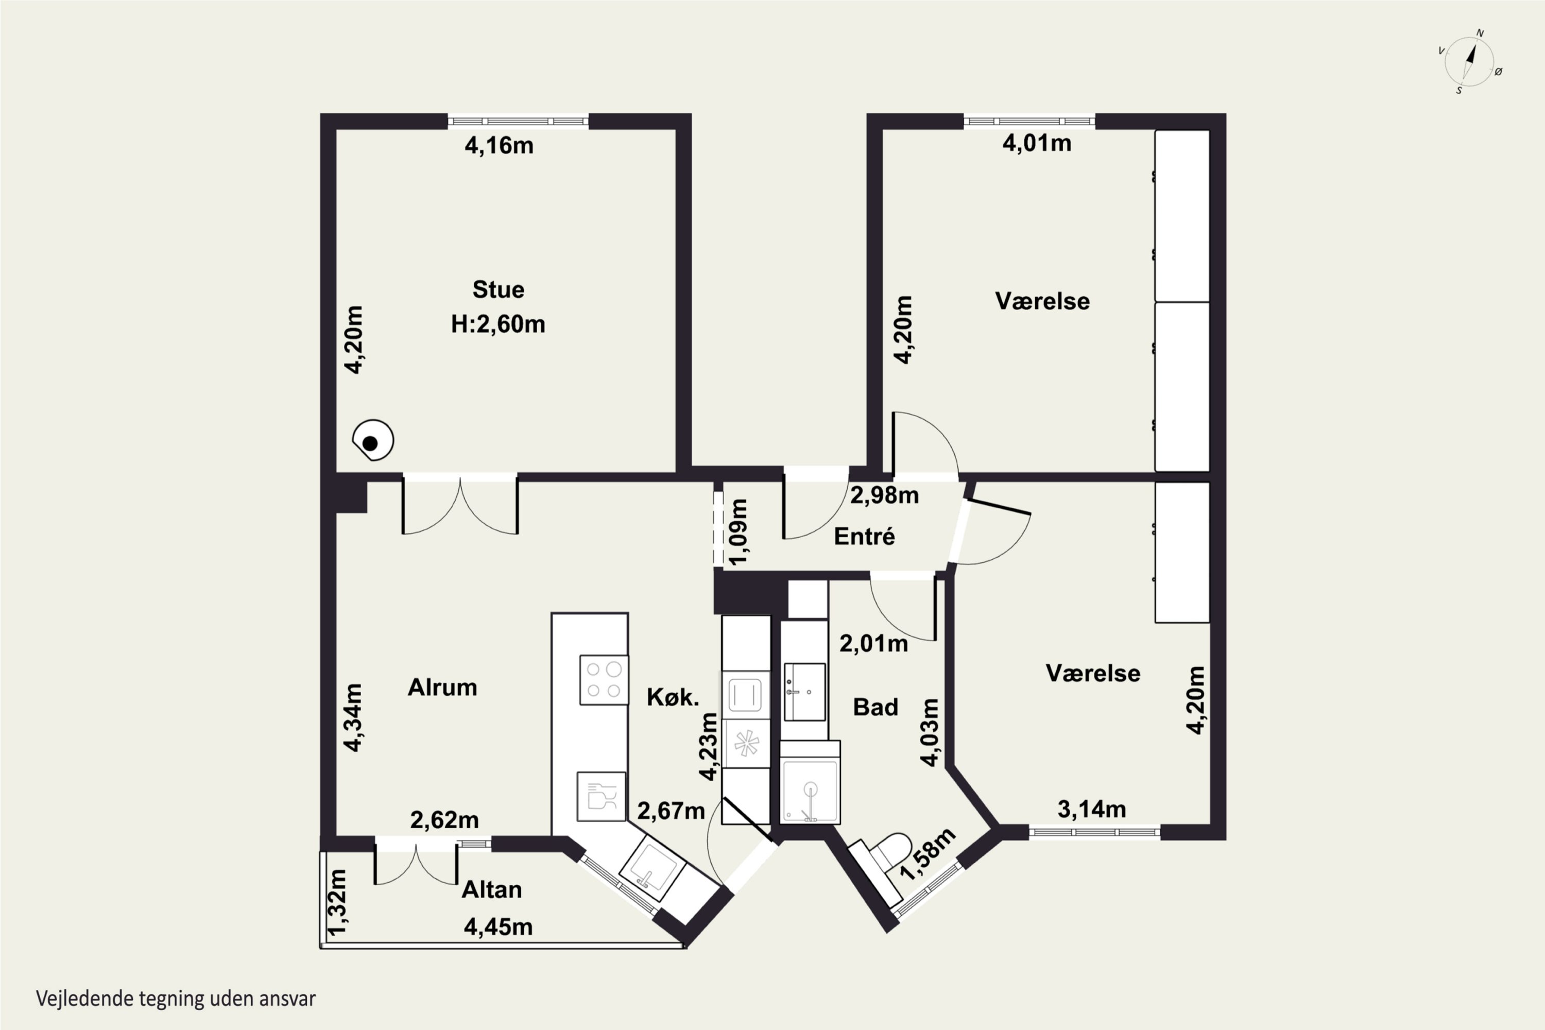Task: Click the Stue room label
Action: (498, 289)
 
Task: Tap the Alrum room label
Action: (442, 687)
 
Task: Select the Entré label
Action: (864, 537)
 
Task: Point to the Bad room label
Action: (875, 707)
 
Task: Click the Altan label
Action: (491, 889)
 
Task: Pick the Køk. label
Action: (673, 697)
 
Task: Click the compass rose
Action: (1469, 62)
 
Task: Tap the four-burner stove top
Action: (604, 680)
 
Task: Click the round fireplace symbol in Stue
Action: (372, 440)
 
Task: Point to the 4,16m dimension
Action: (499, 145)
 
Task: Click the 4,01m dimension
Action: (1037, 143)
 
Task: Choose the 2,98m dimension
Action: (884, 495)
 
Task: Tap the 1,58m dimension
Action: (927, 854)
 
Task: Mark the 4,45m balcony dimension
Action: (498, 927)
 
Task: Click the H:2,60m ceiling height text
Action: (498, 324)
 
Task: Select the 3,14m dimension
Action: (1092, 809)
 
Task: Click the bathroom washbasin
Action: (804, 692)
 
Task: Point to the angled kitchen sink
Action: (653, 872)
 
